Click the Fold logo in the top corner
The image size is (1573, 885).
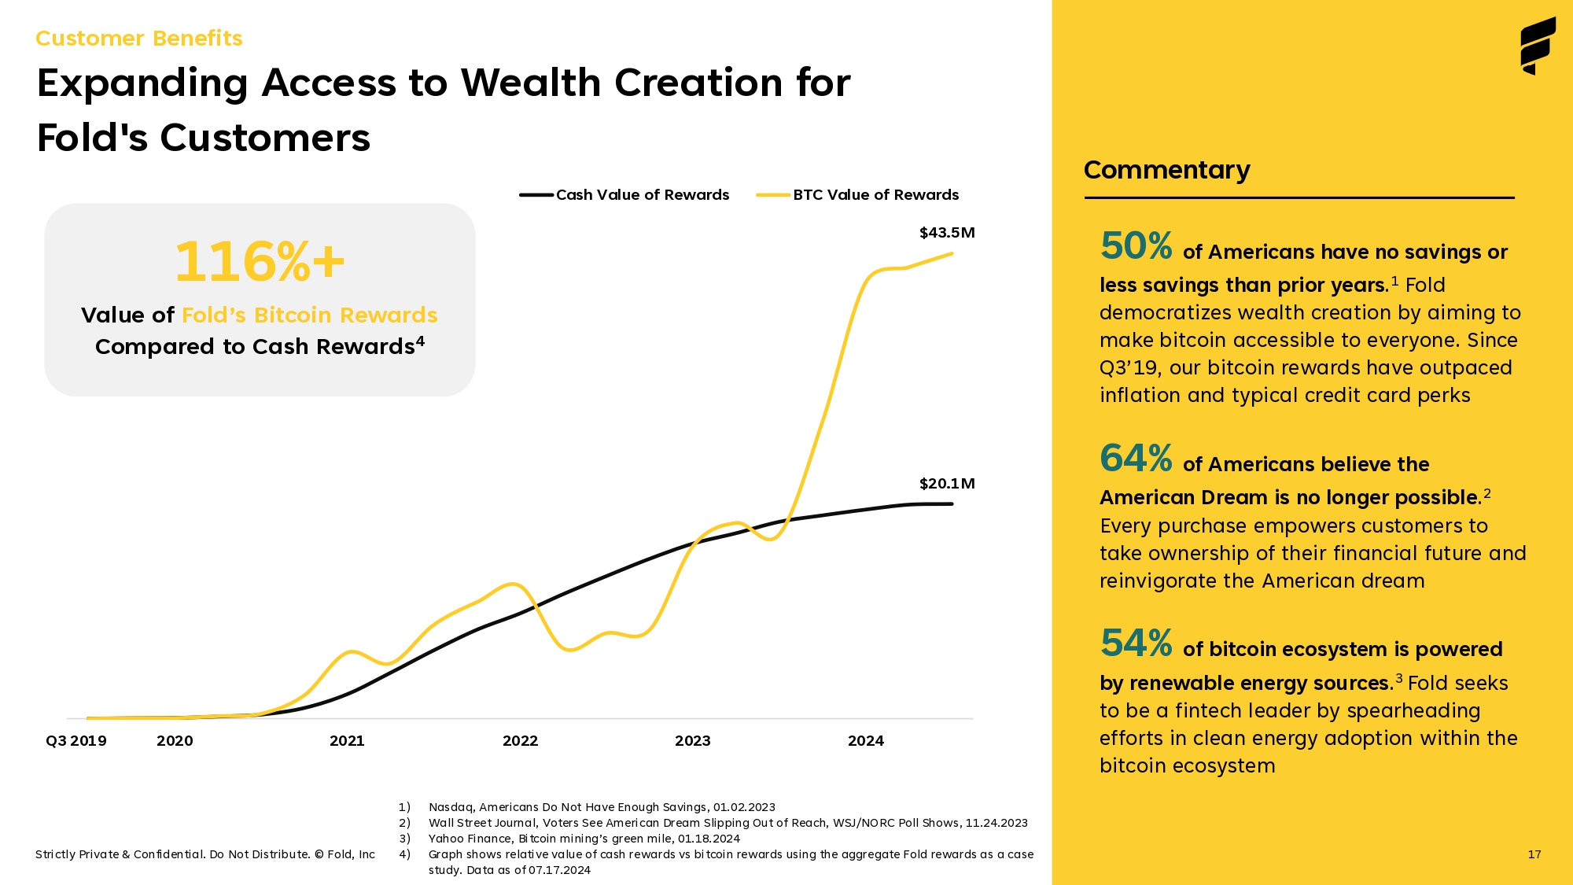[x=1538, y=46]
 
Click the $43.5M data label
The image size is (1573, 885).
[x=947, y=233]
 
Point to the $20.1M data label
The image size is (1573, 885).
[x=947, y=484]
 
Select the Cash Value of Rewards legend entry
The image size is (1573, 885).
[x=624, y=195]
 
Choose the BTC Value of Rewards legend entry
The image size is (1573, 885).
[x=857, y=195]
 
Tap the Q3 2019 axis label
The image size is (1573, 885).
[x=76, y=741]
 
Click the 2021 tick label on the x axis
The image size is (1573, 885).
[x=347, y=741]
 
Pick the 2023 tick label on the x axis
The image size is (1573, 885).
[x=693, y=741]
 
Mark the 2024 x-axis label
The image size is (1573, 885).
[x=866, y=741]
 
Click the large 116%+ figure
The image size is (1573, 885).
[x=260, y=262]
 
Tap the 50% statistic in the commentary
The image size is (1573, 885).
[x=1136, y=246]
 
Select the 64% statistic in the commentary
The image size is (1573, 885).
[x=1136, y=459]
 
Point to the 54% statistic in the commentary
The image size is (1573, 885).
[x=1136, y=643]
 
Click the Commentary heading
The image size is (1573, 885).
[x=1167, y=171]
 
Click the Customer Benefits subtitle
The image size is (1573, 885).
[x=139, y=39]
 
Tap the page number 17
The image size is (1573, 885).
[x=1534, y=854]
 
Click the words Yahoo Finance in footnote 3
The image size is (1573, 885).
[x=470, y=839]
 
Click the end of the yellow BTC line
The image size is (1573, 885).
[x=952, y=253]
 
